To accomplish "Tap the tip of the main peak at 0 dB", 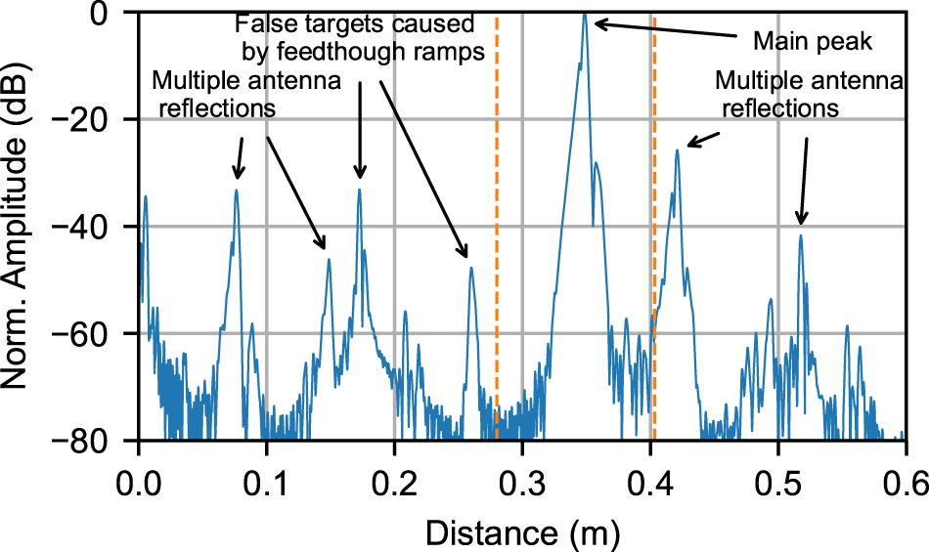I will pos(585,14).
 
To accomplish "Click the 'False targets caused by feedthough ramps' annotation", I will pos(362,37).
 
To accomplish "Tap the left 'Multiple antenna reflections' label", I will pos(246,94).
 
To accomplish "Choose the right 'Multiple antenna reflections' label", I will pos(808,94).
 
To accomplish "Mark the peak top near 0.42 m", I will pos(677,150).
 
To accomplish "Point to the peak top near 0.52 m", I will pos(801,235).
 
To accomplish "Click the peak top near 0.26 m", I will pos(471,269).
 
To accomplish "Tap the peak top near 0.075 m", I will pos(236,191).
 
